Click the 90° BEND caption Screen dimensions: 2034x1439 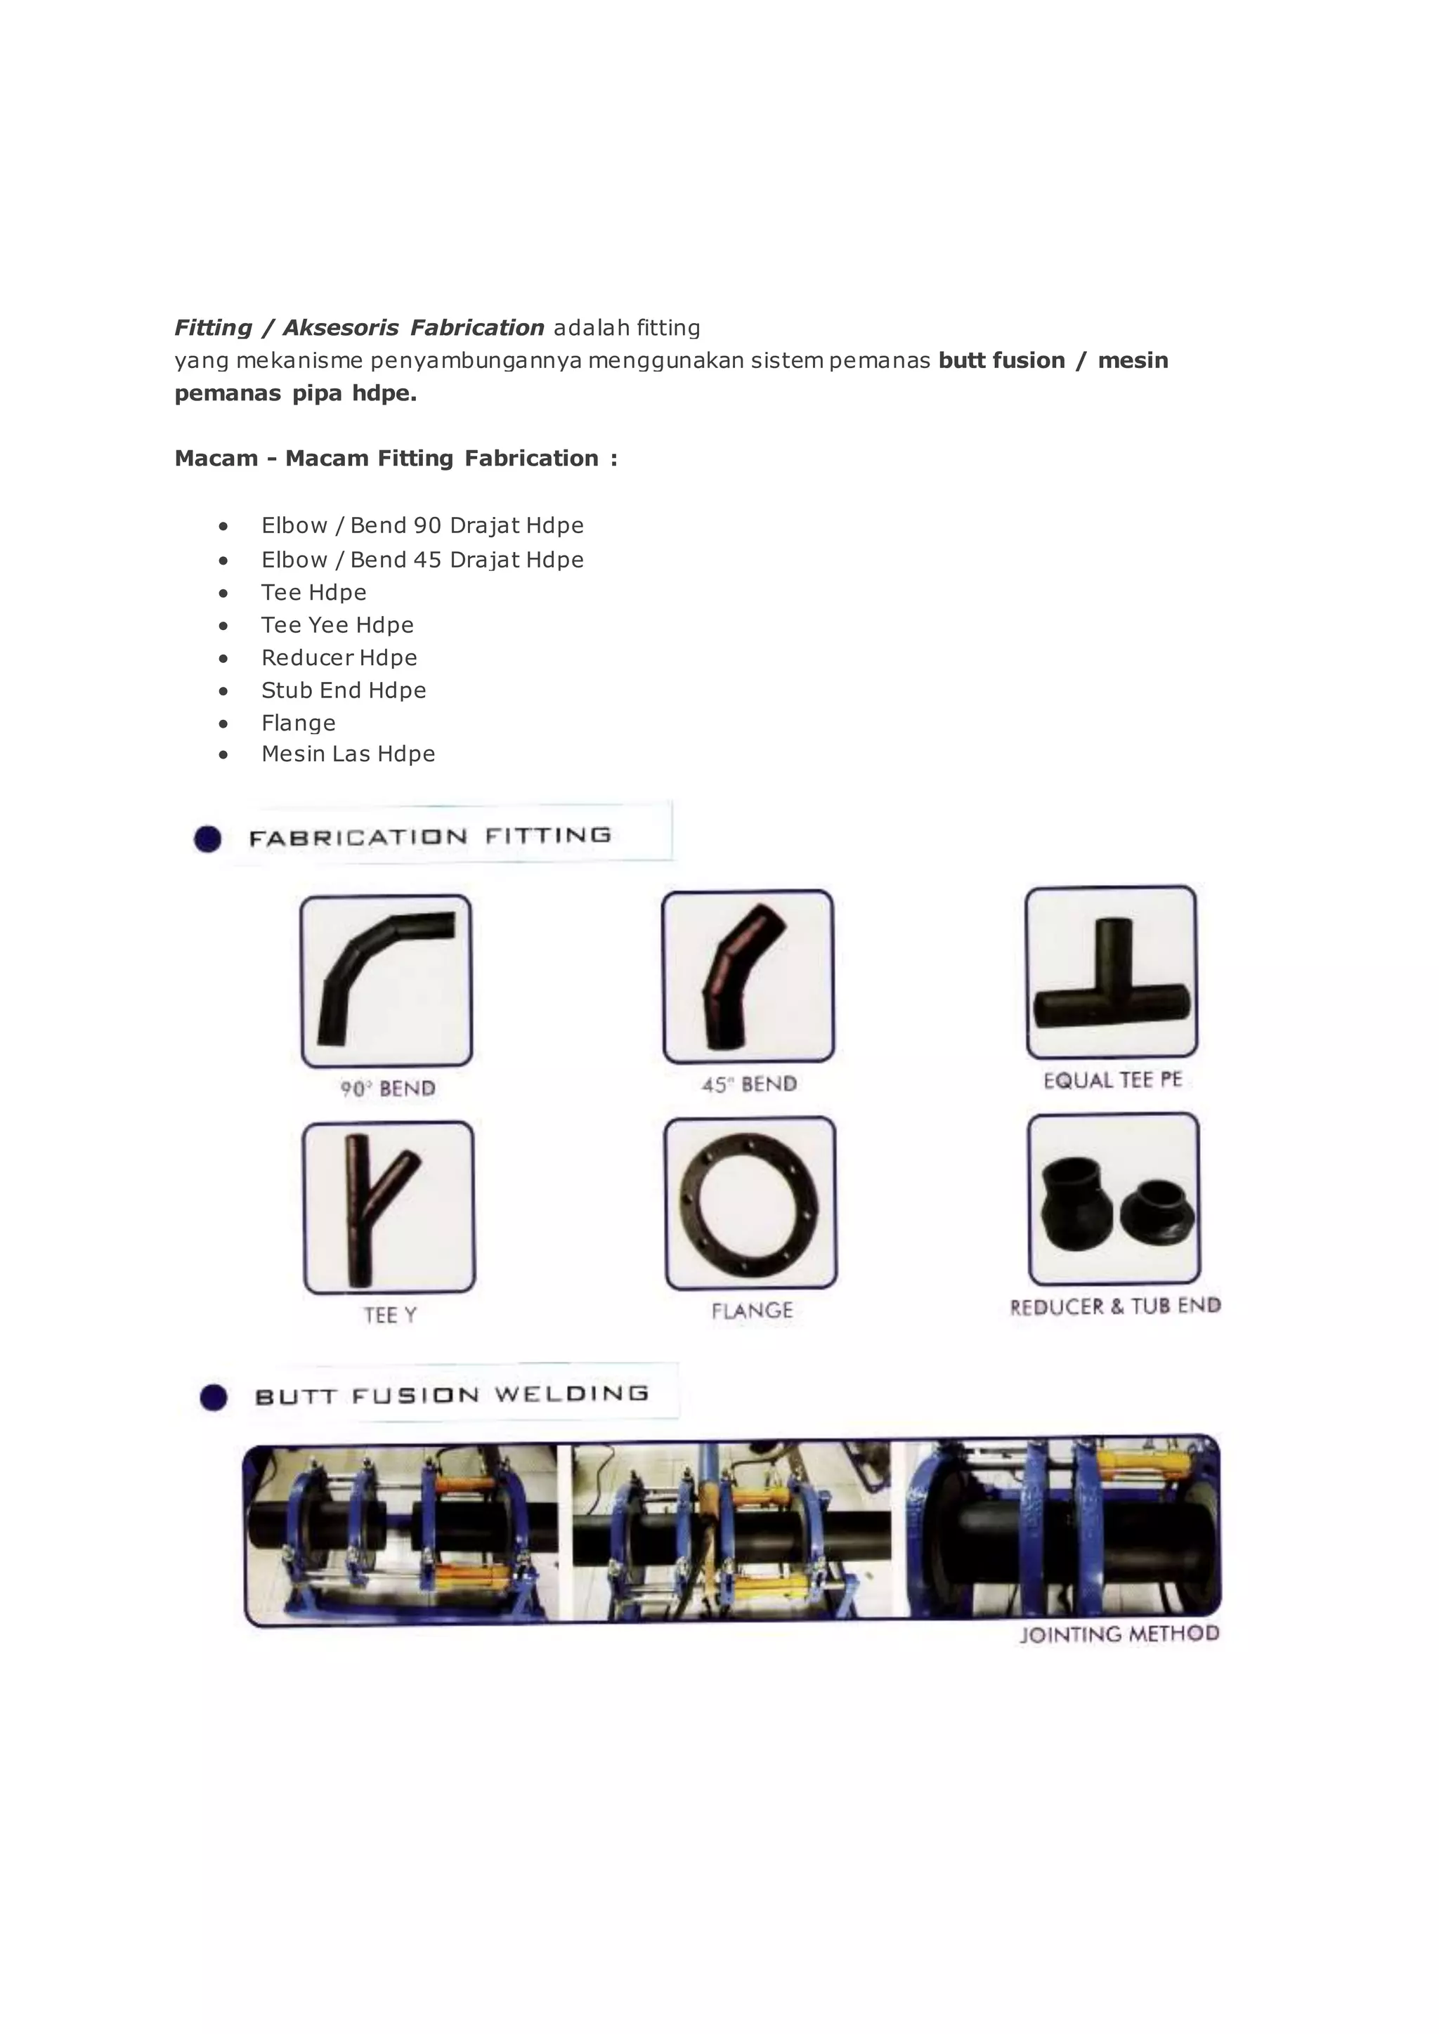(x=388, y=1089)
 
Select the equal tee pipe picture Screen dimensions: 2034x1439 (x=1111, y=974)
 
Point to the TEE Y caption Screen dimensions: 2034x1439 (x=390, y=1315)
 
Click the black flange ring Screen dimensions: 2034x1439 (x=750, y=1202)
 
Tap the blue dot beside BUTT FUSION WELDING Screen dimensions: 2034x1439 (x=214, y=1397)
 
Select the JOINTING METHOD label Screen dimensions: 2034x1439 (x=1119, y=1634)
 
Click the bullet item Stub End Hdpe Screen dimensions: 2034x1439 (x=344, y=690)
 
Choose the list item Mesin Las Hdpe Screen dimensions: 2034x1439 (x=349, y=754)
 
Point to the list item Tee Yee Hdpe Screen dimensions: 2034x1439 (x=337, y=625)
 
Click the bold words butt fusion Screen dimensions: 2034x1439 (x=1001, y=360)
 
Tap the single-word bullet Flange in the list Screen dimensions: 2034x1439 (x=299, y=723)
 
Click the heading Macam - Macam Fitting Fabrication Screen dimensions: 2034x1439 (x=395, y=458)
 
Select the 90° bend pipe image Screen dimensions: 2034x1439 (x=386, y=980)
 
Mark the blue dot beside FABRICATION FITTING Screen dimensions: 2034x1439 (x=207, y=839)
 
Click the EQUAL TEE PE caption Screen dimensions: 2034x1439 (x=1113, y=1080)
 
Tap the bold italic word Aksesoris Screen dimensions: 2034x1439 (x=340, y=328)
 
